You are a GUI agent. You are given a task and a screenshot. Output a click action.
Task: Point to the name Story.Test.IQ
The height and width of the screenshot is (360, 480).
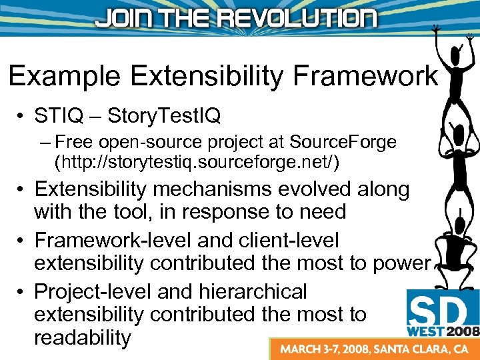pos(163,117)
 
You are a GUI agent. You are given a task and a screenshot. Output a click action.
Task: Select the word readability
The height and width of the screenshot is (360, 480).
pos(83,337)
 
